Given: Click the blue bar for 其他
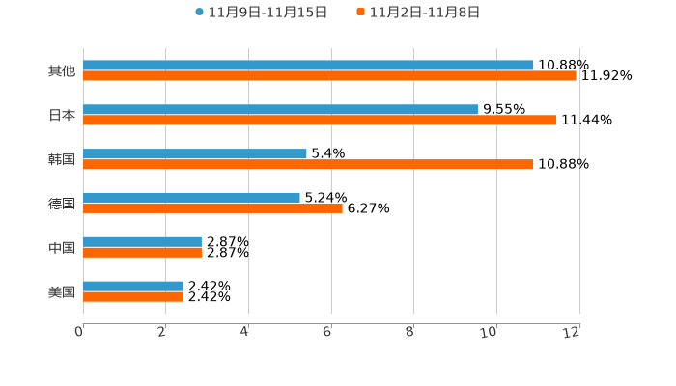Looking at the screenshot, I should pos(308,65).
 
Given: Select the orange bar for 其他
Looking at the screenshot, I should pos(329,75).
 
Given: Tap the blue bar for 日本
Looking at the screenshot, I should pos(281,109).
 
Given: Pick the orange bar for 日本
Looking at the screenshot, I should pos(320,120).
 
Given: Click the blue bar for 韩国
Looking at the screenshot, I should pos(195,153).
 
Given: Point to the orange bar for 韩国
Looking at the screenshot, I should pos(308,164).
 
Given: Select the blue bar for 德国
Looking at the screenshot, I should pos(191,197).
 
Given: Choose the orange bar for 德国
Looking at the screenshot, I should pos(212,207).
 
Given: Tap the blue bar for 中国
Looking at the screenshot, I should pos(142,241).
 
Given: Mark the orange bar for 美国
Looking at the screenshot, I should pos(133,296).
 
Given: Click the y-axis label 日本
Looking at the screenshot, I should pos(62,115).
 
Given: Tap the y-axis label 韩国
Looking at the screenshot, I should pos(62,159).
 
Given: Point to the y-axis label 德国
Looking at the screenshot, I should pos(62,203).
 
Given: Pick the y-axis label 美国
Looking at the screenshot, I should pos(62,291).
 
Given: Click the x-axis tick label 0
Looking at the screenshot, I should pos(80,332).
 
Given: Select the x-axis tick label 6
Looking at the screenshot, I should pos(328,332).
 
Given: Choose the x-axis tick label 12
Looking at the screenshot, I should pos(572,332).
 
